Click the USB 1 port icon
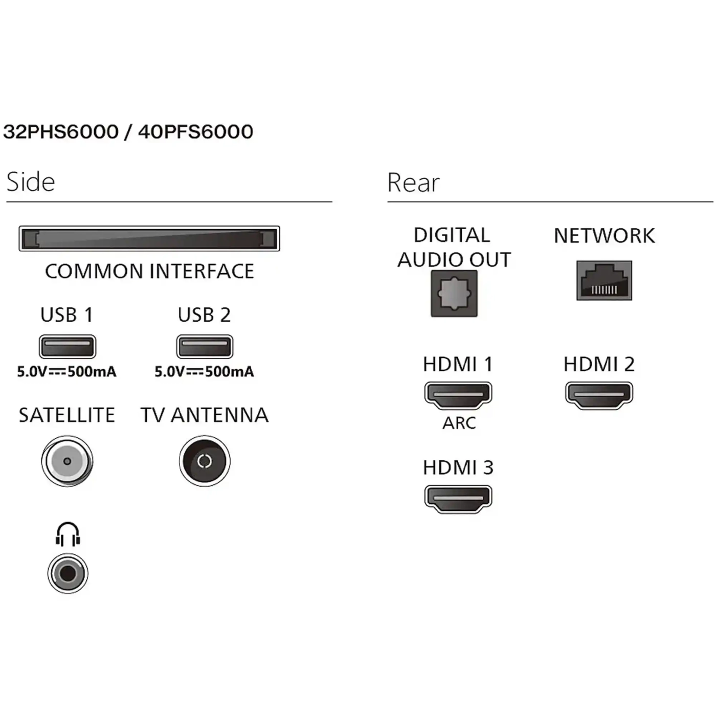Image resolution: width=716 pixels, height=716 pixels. pyautogui.click(x=68, y=347)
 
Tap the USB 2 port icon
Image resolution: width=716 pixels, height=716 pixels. pyautogui.click(x=205, y=347)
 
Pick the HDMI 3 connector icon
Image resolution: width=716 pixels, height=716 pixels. pyautogui.click(x=458, y=499)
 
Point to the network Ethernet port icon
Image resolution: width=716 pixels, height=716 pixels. pyautogui.click(x=604, y=280)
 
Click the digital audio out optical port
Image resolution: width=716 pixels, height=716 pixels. pyautogui.click(x=454, y=294)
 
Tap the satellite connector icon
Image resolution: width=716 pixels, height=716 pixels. pyautogui.click(x=67, y=461)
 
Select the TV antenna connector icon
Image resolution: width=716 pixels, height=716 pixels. pyautogui.click(x=205, y=461)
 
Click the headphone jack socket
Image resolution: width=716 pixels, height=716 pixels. pyautogui.click(x=68, y=573)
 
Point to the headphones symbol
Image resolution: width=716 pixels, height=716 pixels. pyautogui.click(x=68, y=534)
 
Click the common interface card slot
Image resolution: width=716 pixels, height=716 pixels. pyautogui.click(x=149, y=238)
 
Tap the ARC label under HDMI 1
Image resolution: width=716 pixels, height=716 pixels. pyautogui.click(x=459, y=423)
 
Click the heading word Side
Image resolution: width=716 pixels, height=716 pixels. pyautogui.click(x=31, y=182)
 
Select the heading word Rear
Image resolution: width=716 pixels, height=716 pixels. pyautogui.click(x=413, y=183)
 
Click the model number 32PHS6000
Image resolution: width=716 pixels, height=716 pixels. pyautogui.click(x=61, y=132)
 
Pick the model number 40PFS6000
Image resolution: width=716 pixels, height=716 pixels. pyautogui.click(x=195, y=132)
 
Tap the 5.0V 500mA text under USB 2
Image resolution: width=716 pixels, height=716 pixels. pyautogui.click(x=204, y=371)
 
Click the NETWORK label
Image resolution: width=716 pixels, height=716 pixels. pyautogui.click(x=604, y=236)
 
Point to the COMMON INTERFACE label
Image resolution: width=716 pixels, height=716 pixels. pyautogui.click(x=149, y=271)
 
